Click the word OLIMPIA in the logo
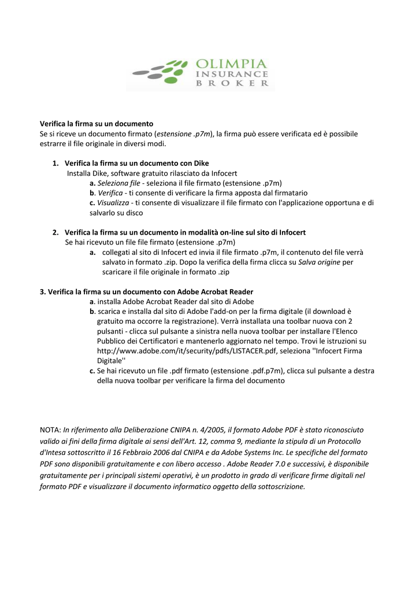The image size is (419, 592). pos(231,64)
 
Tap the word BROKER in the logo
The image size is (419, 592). pos(233,83)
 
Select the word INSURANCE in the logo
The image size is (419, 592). pos(232,73)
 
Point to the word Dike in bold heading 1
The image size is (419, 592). pos(200,163)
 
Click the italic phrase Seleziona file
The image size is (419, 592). pos(118,183)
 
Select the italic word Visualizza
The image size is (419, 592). pos(113,202)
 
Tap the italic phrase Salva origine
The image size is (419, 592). pos(319,262)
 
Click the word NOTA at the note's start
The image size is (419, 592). pos(50,430)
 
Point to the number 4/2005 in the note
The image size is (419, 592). pos(209,430)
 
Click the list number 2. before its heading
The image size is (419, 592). pos(55,232)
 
